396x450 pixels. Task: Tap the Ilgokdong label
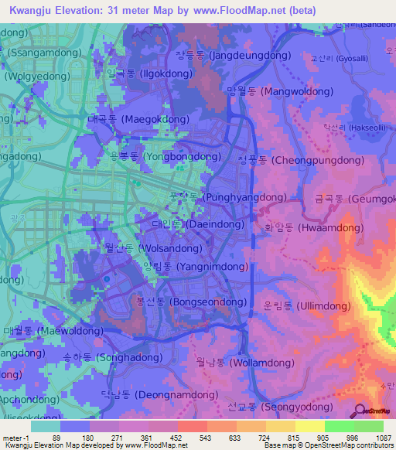pos(147,73)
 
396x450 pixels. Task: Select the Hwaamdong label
pos(309,228)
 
